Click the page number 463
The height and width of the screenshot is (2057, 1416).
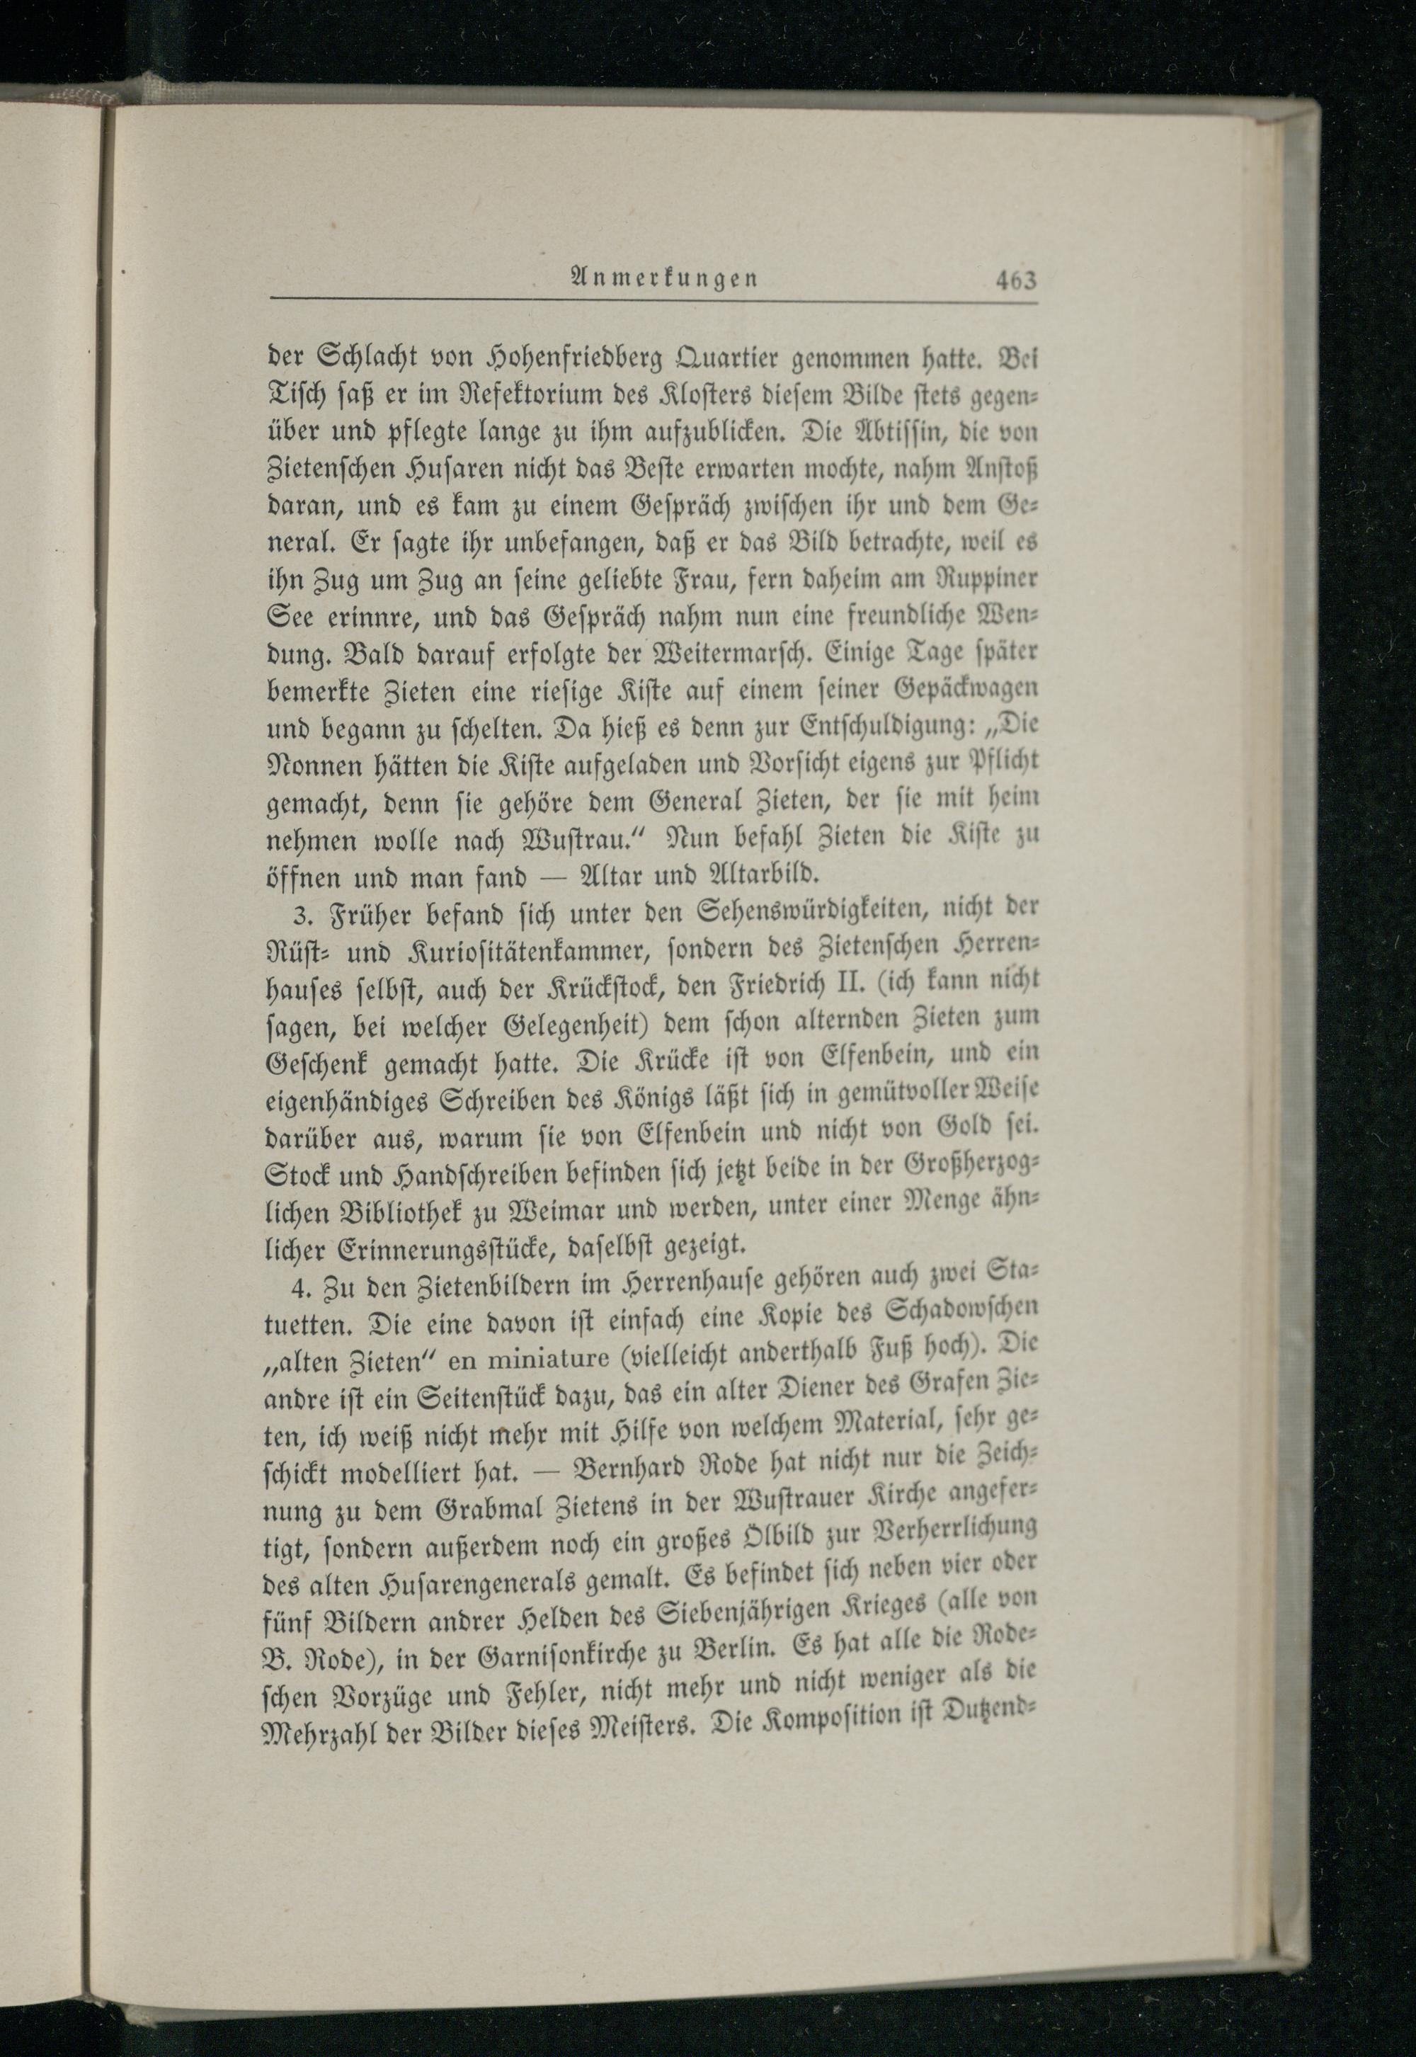1015,280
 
